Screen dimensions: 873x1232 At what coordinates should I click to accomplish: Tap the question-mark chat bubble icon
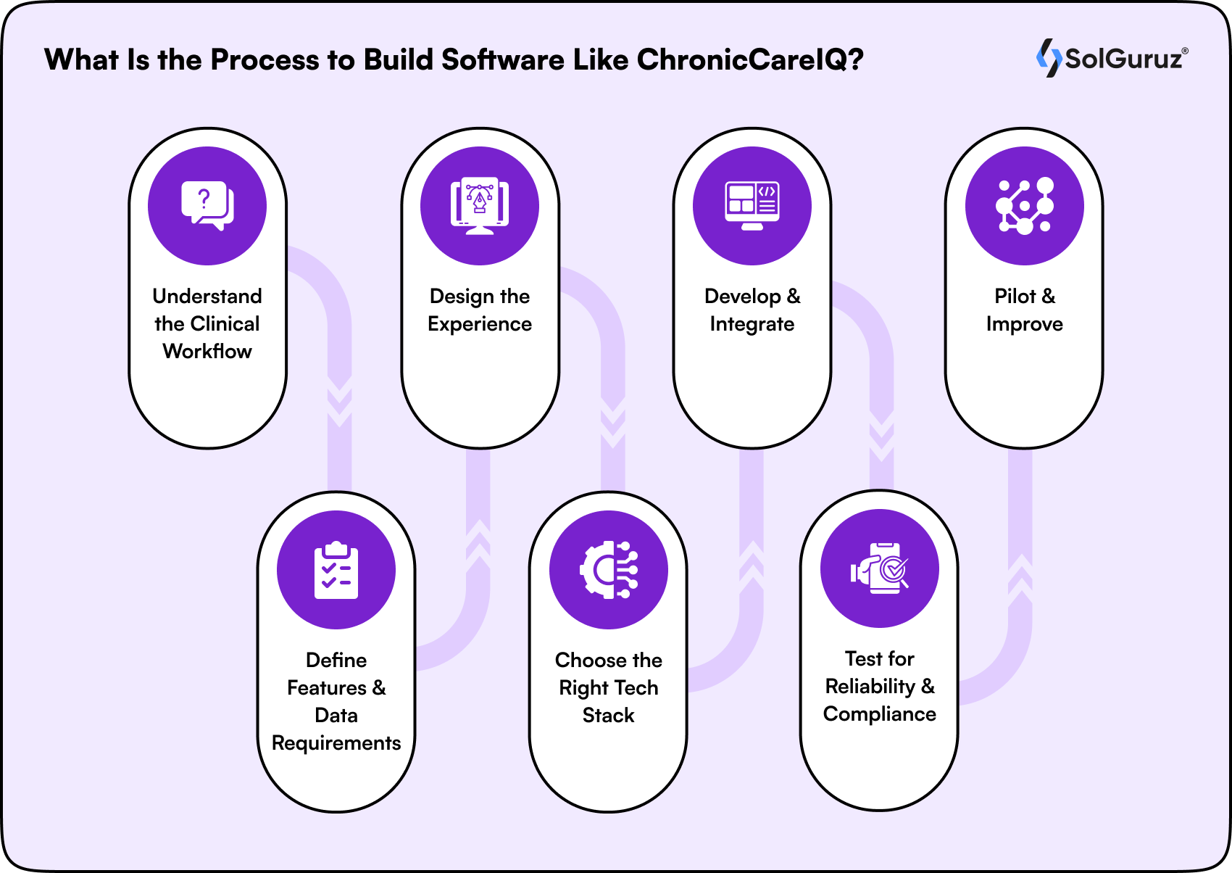point(207,206)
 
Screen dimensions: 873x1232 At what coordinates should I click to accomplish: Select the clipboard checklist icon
point(336,570)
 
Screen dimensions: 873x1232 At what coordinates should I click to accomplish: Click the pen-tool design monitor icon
point(480,206)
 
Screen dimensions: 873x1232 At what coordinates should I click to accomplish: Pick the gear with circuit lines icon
point(609,570)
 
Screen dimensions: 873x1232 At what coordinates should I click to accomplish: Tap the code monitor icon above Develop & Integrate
point(752,206)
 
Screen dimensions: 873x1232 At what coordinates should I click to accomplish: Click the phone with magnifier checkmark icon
point(880,568)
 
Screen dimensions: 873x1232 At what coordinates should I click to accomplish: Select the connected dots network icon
point(1025,206)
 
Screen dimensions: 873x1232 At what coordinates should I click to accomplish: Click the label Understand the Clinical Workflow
point(207,323)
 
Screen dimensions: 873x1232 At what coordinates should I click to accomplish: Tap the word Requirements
point(336,743)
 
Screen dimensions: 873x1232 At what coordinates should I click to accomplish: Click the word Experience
point(480,324)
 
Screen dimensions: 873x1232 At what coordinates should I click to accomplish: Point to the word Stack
point(609,716)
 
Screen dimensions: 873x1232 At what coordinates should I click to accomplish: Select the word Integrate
point(752,324)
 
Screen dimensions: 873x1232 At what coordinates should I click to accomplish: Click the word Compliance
point(880,714)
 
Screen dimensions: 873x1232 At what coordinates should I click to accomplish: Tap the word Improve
point(1025,324)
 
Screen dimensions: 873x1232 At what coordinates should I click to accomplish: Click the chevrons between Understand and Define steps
point(340,402)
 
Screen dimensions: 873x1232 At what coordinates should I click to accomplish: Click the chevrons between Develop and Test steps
point(882,435)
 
